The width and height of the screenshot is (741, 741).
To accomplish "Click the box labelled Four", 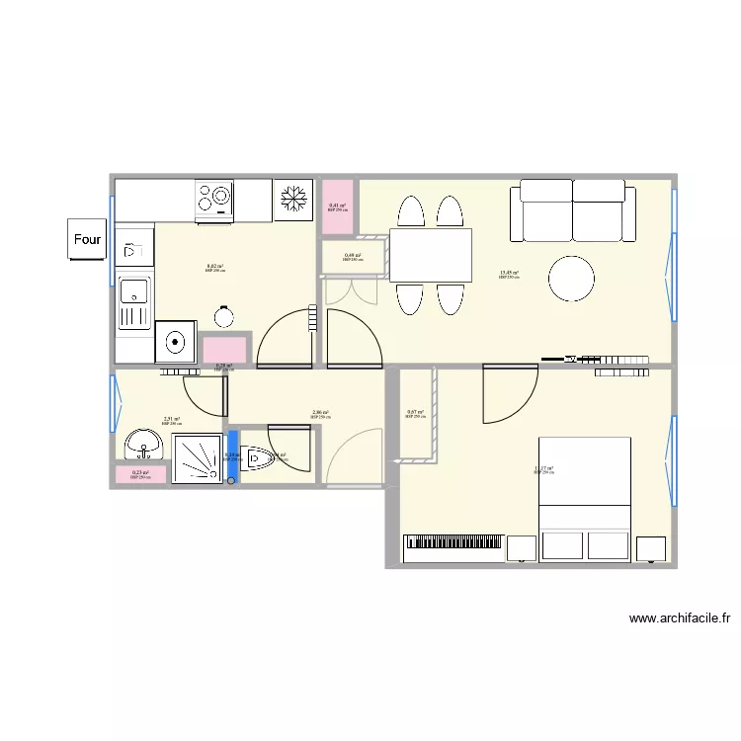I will pyautogui.click(x=87, y=239).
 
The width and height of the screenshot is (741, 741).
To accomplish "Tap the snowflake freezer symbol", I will pyautogui.click(x=293, y=200).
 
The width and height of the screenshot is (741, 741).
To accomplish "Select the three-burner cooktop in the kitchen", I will pyautogui.click(x=214, y=199).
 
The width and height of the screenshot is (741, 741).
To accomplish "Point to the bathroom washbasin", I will pyautogui.click(x=144, y=446).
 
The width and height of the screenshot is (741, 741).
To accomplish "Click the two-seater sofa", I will pyautogui.click(x=573, y=209).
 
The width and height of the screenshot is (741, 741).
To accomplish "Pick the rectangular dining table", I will pyautogui.click(x=431, y=255).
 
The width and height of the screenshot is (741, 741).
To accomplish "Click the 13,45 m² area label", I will pyautogui.click(x=509, y=274).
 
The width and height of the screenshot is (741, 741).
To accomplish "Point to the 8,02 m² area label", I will pyautogui.click(x=214, y=267).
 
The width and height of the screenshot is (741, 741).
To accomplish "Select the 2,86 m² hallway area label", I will pyautogui.click(x=320, y=413).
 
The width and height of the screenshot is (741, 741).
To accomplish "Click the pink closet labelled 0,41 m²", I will pyautogui.click(x=338, y=206).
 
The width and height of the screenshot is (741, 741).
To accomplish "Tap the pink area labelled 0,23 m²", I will pyautogui.click(x=140, y=474).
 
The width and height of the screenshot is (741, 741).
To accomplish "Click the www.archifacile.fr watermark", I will pyautogui.click(x=680, y=619).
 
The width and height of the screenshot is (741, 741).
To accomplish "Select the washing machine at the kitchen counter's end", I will pyautogui.click(x=175, y=343).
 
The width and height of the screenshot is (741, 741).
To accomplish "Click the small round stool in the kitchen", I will pyautogui.click(x=223, y=317).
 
